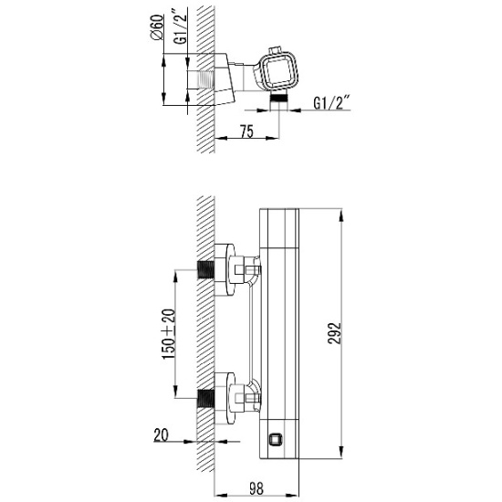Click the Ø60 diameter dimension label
pyautogui.click(x=157, y=27)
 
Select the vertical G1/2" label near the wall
pyautogui.click(x=180, y=29)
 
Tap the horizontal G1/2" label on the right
pyautogui.click(x=330, y=102)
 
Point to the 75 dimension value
pyautogui.click(x=246, y=131)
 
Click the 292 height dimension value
pyautogui.click(x=334, y=333)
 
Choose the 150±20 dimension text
pyautogui.click(x=169, y=334)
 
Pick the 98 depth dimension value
pyautogui.click(x=256, y=488)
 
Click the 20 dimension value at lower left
pyautogui.click(x=161, y=435)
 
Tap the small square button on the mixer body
pyautogui.click(x=275, y=440)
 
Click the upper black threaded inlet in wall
pyautogui.click(x=205, y=269)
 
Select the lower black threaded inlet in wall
pyautogui.click(x=205, y=398)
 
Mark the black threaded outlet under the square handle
pyautogui.click(x=279, y=98)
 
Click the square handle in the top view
pyautogui.click(x=277, y=70)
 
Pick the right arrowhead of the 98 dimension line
pyautogui.click(x=293, y=495)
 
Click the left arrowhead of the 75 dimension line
pyautogui.click(x=221, y=138)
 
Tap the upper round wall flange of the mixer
pyautogui.click(x=225, y=269)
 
